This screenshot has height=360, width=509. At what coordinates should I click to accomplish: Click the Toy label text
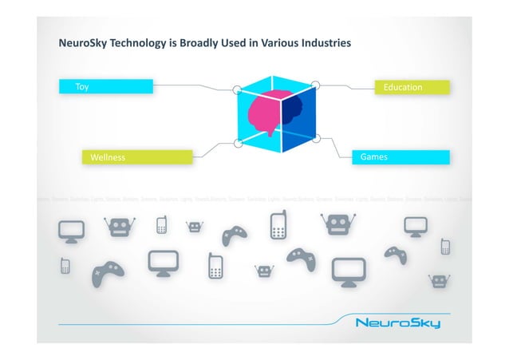click(x=82, y=87)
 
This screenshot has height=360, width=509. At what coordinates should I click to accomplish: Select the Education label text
click(x=403, y=87)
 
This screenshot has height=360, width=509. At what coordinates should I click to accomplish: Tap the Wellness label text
click(x=108, y=157)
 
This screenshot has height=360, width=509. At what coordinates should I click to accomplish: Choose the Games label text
click(x=374, y=157)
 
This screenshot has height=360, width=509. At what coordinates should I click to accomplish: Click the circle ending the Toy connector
click(x=237, y=90)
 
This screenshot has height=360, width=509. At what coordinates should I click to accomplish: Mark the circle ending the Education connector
click(x=315, y=84)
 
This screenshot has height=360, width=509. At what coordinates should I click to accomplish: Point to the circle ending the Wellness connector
click(x=238, y=143)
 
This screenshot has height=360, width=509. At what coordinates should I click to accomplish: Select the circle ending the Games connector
click(x=316, y=138)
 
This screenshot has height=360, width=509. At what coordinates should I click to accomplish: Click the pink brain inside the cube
click(x=261, y=116)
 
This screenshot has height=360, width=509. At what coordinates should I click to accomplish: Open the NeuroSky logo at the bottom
click(x=397, y=324)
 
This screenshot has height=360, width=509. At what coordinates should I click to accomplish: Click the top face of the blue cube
click(x=275, y=85)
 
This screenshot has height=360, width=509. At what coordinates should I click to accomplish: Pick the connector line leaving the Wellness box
click(x=208, y=150)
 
